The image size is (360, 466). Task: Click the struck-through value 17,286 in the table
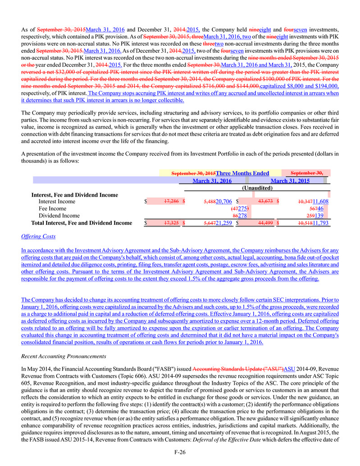pos(168,201)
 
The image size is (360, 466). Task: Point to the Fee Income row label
pos(52,209)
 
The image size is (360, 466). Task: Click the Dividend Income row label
pos(59,216)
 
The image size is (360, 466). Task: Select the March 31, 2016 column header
pos(212,181)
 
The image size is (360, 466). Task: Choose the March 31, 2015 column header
pos(290,181)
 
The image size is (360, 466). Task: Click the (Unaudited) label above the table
pos(257,188)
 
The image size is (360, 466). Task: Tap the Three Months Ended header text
pos(242,173)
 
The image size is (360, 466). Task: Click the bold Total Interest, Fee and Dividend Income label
pos(82,223)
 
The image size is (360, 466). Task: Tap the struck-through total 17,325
pos(168,223)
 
